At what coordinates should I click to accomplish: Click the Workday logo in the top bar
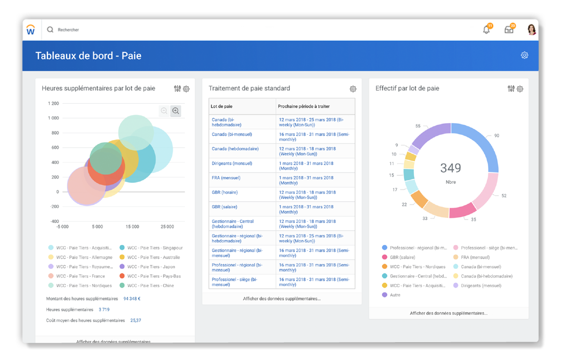pos(31,30)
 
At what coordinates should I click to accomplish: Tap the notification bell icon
pos(486,30)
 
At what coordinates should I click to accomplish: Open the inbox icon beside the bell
pos(509,30)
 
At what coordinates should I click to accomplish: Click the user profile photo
pos(532,30)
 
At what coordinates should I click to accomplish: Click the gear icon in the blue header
pos(525,55)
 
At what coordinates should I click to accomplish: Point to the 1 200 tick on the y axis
pos(53,103)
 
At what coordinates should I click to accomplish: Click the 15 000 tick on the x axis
pos(132,227)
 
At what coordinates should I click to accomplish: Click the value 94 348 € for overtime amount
pos(132,298)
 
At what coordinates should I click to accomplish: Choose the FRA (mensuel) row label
pos(226,178)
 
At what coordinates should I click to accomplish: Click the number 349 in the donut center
pos(450,168)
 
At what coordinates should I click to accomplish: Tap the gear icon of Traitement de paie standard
pos(353,89)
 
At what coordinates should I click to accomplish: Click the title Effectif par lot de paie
pos(407,88)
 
